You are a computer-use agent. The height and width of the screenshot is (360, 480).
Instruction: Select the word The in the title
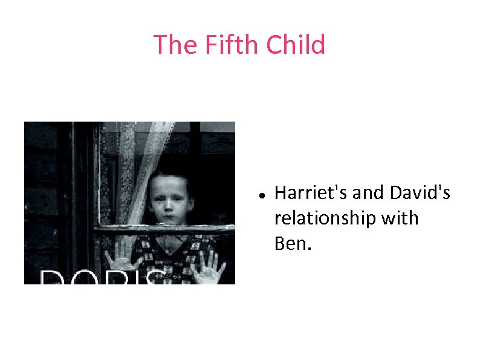click(x=175, y=45)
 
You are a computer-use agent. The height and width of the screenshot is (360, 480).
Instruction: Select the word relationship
click(x=324, y=218)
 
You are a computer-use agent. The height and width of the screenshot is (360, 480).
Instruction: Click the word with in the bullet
click(x=400, y=218)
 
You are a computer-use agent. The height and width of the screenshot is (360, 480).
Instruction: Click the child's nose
click(x=171, y=205)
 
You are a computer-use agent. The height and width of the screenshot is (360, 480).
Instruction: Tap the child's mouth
click(x=171, y=216)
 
